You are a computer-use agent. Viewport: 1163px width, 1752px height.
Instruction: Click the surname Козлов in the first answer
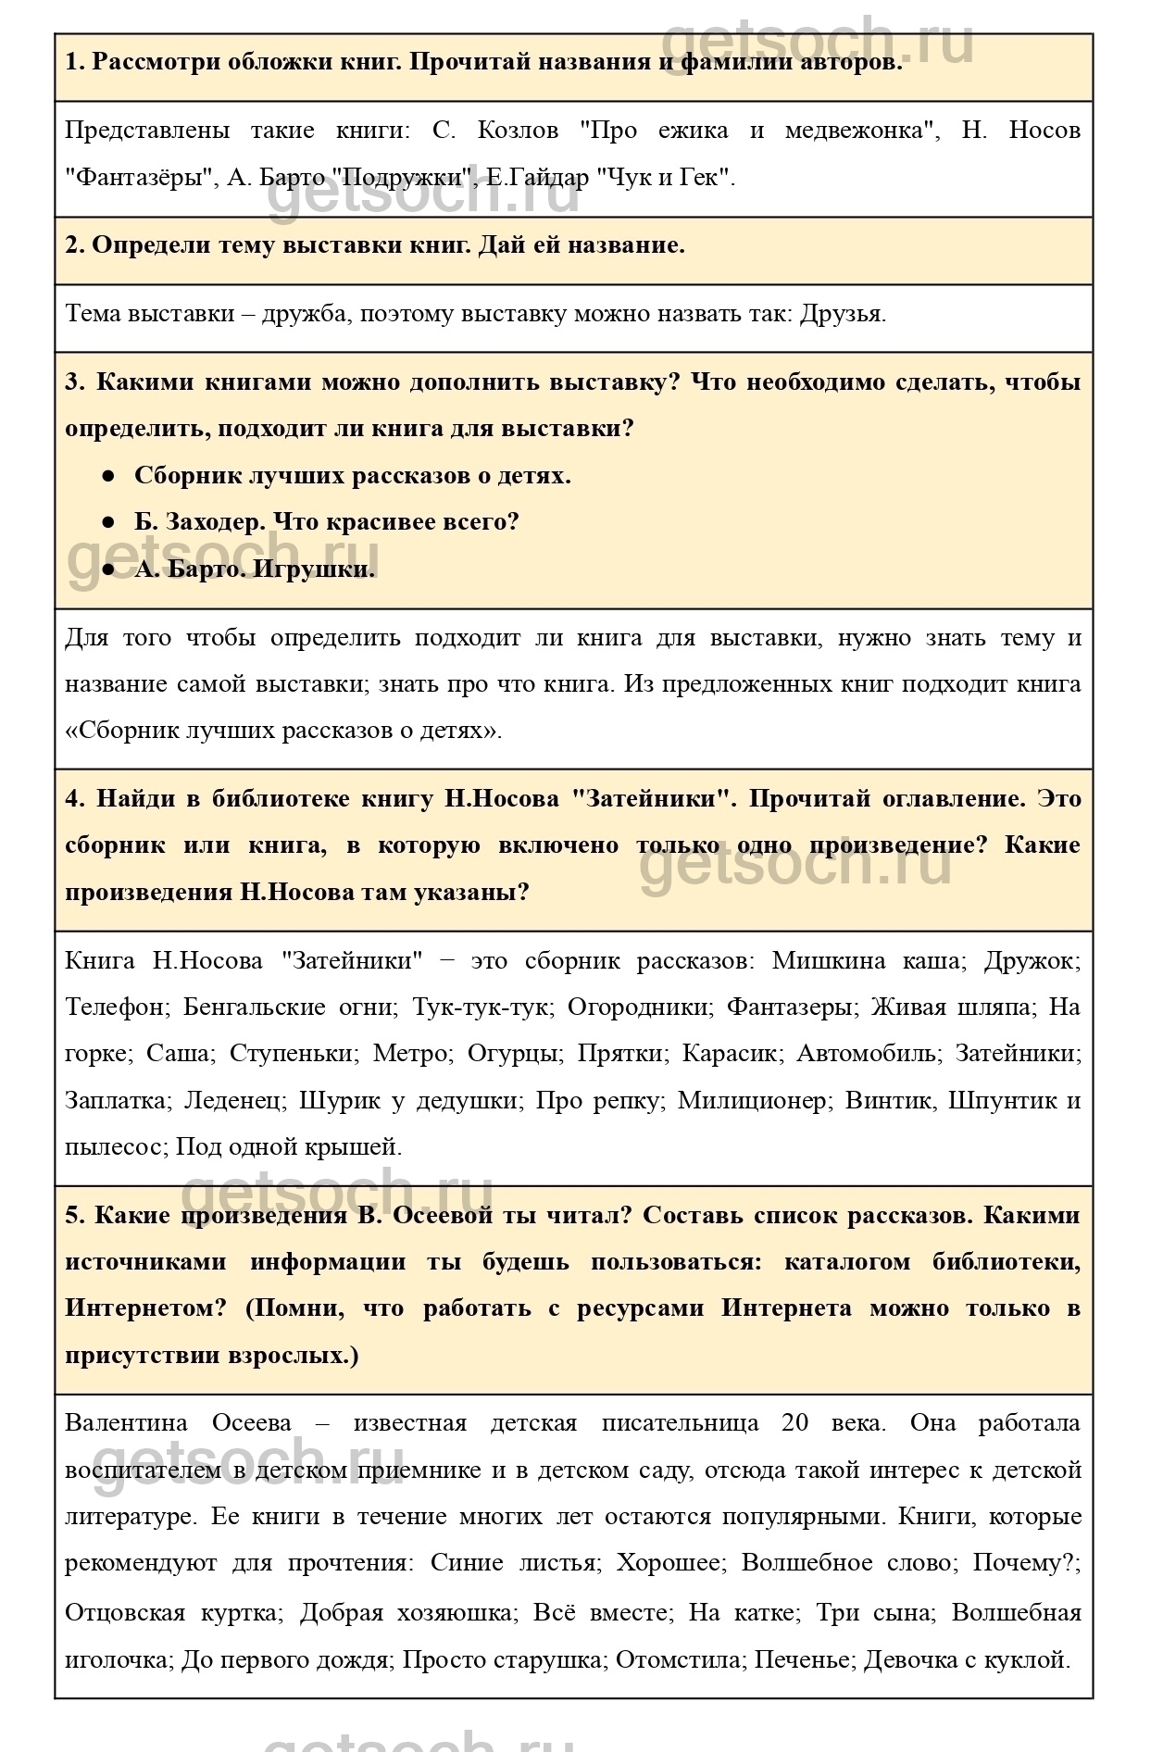518,131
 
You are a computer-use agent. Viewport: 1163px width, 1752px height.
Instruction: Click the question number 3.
73,382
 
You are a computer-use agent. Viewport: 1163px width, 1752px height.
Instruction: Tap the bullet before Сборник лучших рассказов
108,476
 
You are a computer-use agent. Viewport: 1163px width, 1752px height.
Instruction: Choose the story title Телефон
117,1007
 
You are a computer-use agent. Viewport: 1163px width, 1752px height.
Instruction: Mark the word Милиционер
751,1101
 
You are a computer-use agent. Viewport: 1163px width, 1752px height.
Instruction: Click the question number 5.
73,1216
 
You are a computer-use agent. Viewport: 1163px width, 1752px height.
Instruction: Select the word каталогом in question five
846,1262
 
